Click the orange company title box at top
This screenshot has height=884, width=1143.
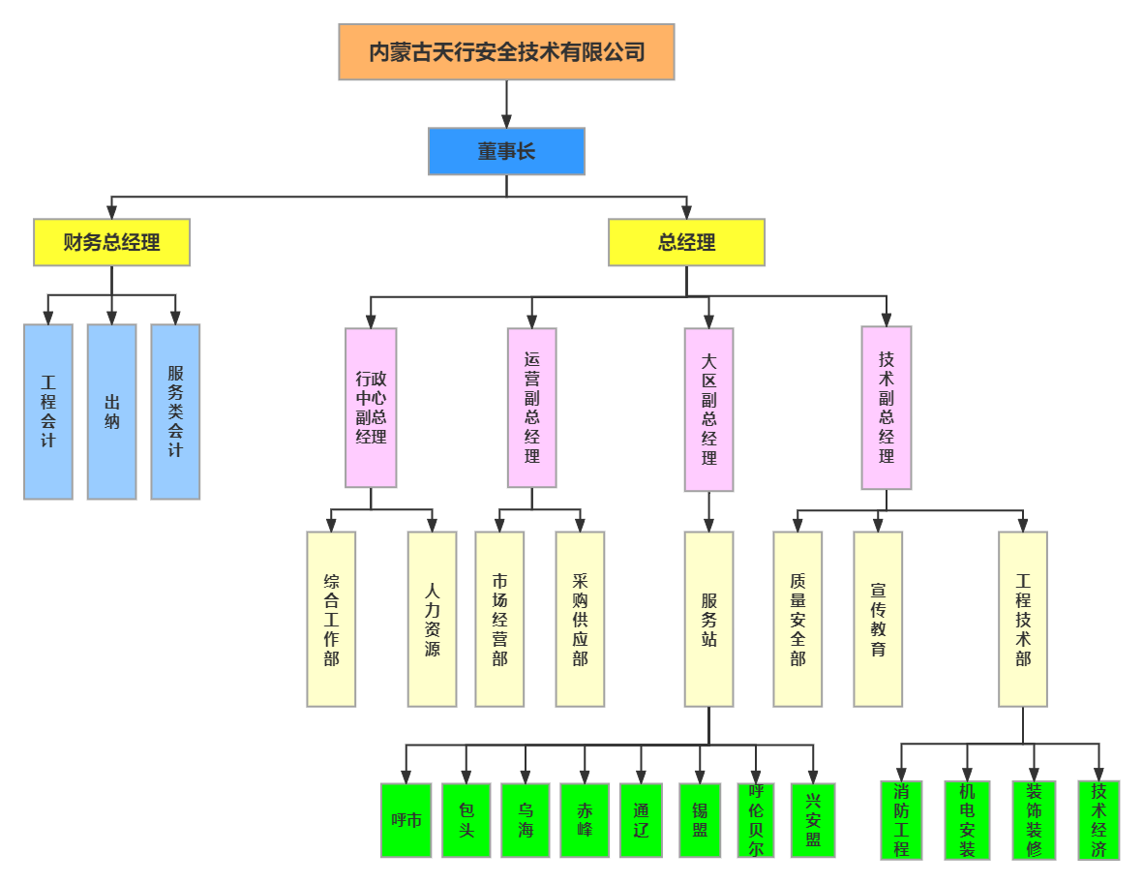(506, 51)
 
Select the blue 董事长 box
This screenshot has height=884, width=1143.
(506, 151)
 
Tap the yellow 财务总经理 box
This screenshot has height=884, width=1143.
(111, 242)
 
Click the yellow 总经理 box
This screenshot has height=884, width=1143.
(686, 242)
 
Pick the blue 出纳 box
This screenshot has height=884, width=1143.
(111, 412)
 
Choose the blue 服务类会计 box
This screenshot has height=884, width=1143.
(175, 412)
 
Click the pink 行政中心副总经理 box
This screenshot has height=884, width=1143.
(371, 408)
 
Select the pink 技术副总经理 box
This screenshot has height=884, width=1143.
(887, 407)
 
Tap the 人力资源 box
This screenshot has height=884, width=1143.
(432, 619)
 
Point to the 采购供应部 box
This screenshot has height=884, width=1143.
(580, 619)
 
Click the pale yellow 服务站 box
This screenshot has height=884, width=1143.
(708, 619)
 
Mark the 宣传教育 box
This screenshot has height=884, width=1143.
(878, 619)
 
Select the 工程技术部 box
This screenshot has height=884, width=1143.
(1023, 619)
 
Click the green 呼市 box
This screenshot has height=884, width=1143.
(406, 820)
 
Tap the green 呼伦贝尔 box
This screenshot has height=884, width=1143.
(756, 820)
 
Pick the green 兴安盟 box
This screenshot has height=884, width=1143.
(813, 820)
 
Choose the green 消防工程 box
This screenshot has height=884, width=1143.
(901, 820)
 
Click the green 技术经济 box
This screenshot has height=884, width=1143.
(1098, 820)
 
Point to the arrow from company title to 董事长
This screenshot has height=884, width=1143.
(506, 104)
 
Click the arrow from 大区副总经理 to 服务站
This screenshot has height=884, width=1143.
(708, 511)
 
